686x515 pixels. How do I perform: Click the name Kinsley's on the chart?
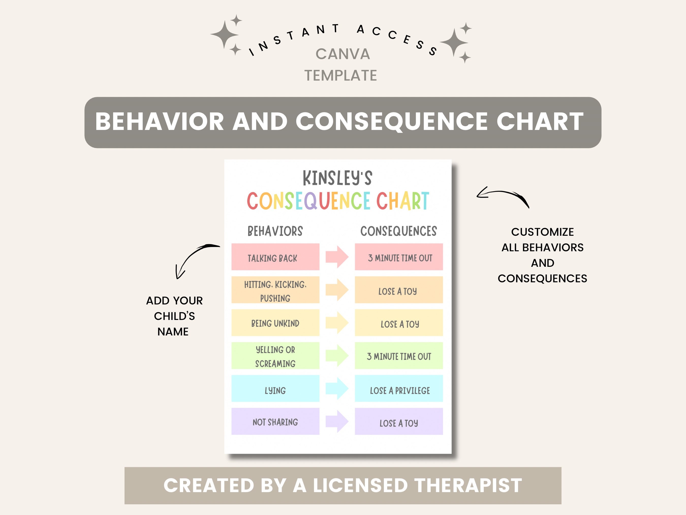[337, 178]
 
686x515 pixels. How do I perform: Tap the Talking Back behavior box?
[275, 257]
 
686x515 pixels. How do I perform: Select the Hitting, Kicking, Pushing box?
[275, 290]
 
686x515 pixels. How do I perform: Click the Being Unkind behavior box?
[275, 323]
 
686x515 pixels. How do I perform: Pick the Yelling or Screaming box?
[275, 356]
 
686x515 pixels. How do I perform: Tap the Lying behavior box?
[275, 389]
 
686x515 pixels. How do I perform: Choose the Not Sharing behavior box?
[275, 422]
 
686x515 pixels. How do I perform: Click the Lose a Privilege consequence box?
[399, 389]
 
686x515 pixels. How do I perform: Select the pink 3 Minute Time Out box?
[399, 257]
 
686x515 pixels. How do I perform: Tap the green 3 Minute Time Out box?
[399, 356]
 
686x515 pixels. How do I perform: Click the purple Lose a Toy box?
[399, 422]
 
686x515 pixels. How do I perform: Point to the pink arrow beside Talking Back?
[337, 257]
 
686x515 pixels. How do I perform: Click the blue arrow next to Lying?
[337, 389]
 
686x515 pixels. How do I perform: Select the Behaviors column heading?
[275, 231]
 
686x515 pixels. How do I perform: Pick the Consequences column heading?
[398, 231]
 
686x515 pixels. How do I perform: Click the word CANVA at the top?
[343, 54]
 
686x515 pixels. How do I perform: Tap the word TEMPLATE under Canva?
[340, 76]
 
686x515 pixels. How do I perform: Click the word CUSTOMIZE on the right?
[542, 232]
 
